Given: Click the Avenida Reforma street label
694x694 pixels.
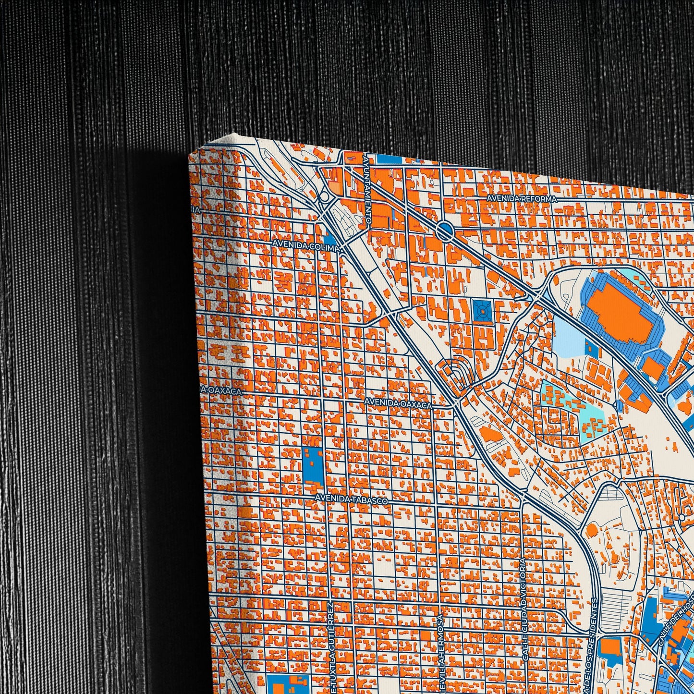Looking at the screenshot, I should tap(521, 198).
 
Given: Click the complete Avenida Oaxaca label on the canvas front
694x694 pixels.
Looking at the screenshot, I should tap(398, 403).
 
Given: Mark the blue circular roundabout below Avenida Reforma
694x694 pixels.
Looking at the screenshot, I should tap(445, 232).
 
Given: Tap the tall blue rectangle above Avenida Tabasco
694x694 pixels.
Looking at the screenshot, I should tap(312, 464).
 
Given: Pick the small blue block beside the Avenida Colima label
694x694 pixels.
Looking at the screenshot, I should tap(330, 239).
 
